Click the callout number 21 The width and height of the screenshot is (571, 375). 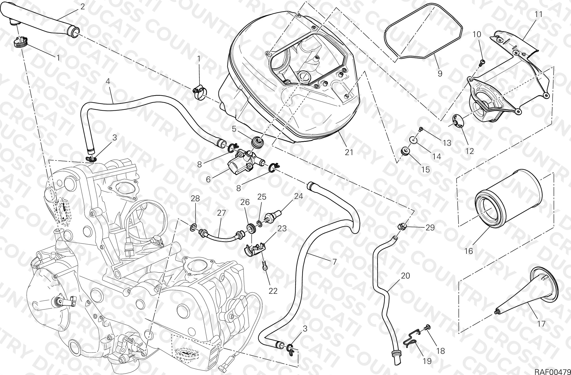coord(349,152)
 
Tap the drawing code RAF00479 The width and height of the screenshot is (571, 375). coord(553,371)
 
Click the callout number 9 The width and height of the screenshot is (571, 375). coord(440,74)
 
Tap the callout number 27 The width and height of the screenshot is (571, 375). coord(221,213)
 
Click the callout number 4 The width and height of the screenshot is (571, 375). coord(108,81)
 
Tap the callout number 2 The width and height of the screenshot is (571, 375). coord(82,7)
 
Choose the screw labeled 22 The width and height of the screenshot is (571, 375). coord(265,266)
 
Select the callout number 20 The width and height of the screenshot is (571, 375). coord(406,275)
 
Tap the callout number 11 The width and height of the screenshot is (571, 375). coord(538,14)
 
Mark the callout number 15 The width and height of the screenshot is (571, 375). coord(426,169)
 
